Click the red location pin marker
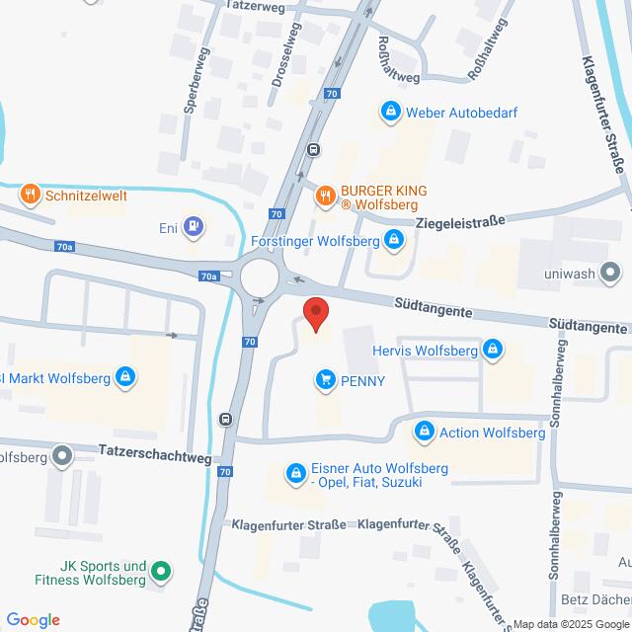(316, 313)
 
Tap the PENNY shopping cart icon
(325, 380)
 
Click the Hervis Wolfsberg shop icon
(493, 350)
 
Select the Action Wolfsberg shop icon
(425, 433)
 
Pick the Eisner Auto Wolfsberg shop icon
(294, 475)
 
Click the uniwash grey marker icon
(611, 271)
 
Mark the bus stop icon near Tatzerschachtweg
(227, 419)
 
